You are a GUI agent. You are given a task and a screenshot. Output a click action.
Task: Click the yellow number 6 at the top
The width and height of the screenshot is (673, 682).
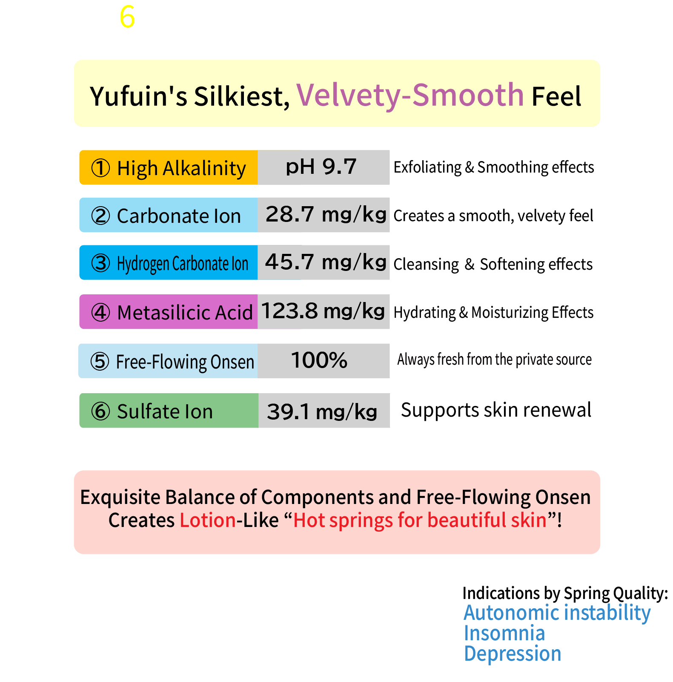tap(127, 17)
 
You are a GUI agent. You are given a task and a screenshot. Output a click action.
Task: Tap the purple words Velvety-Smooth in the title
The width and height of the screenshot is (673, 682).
tap(410, 95)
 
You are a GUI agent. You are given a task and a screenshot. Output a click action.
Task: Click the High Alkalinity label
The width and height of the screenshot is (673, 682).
tap(169, 167)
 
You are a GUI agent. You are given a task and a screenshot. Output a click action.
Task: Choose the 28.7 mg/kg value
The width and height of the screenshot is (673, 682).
tap(326, 214)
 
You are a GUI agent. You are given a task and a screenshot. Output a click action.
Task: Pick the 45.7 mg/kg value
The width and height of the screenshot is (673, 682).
tap(326, 262)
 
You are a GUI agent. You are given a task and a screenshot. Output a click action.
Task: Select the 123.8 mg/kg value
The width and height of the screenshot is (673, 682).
tap(323, 311)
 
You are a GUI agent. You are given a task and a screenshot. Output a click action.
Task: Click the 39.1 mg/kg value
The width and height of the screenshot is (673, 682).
tap(322, 412)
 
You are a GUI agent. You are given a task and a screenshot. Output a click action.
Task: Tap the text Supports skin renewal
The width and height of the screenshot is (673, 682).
tap(496, 410)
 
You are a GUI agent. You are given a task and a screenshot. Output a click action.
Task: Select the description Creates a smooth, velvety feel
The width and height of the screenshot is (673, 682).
tap(493, 216)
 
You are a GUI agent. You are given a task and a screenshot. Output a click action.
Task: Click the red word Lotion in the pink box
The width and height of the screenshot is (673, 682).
tap(208, 520)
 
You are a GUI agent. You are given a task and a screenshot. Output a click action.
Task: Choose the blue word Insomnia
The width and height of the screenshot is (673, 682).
tap(504, 633)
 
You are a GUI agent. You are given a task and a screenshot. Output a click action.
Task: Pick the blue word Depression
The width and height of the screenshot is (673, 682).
tap(513, 654)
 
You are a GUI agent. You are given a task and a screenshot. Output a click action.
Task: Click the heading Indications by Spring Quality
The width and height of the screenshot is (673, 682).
tap(565, 593)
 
